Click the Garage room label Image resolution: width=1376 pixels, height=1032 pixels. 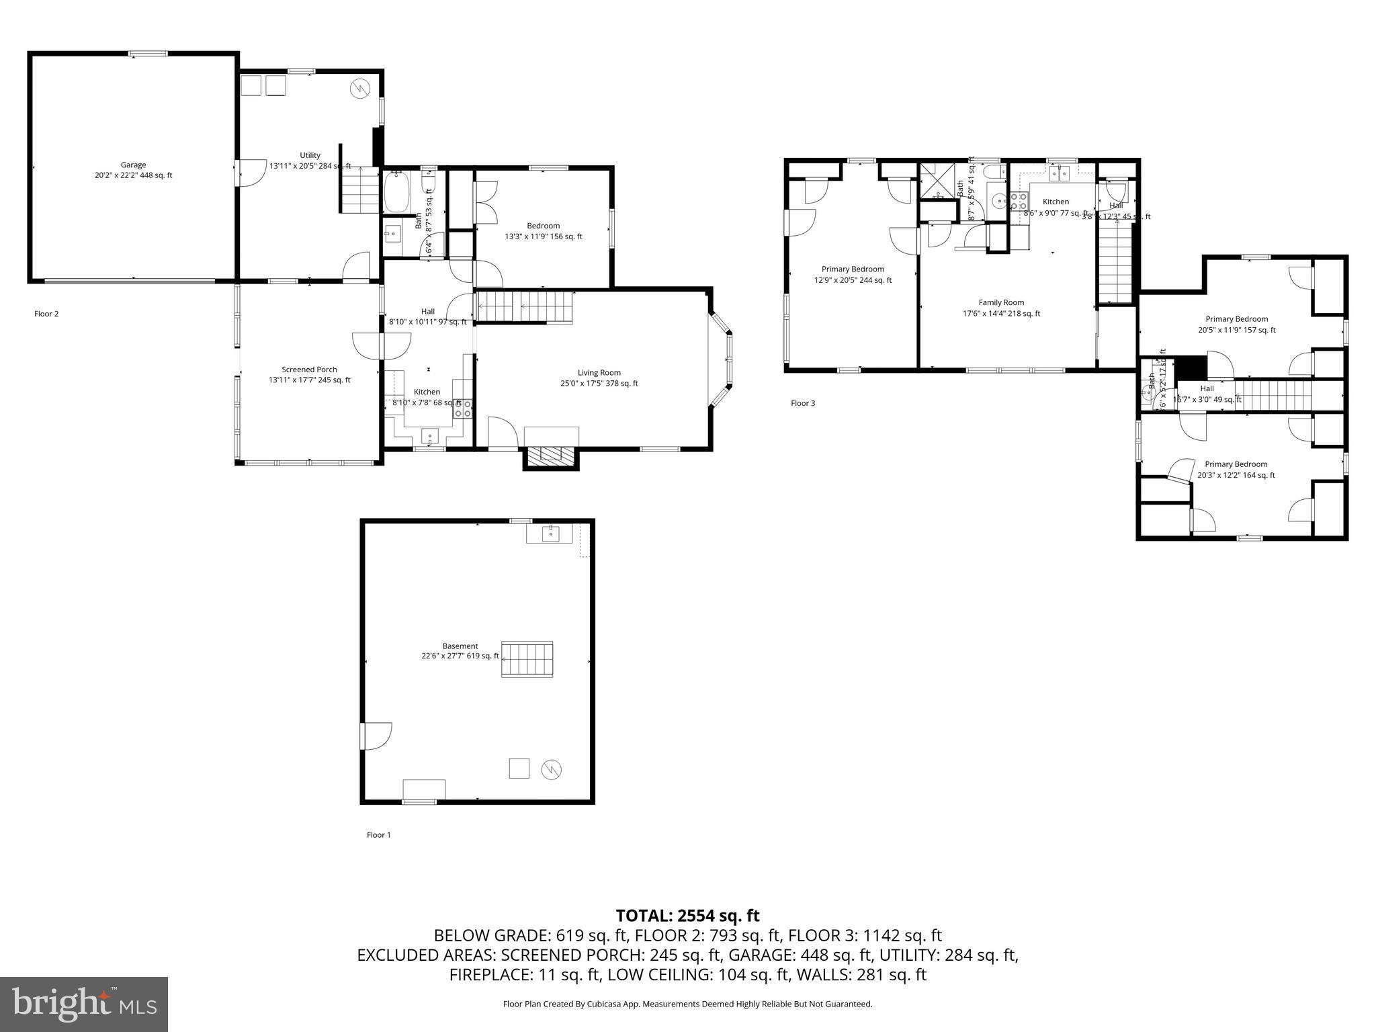[133, 170]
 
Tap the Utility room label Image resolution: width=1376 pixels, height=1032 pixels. [310, 161]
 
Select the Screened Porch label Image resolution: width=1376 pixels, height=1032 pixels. [309, 375]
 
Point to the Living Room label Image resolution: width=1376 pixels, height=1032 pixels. [599, 378]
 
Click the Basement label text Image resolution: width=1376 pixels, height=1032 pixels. [460, 651]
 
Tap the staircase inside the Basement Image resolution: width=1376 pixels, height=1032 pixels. [527, 659]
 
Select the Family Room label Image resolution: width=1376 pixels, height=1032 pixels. [1001, 308]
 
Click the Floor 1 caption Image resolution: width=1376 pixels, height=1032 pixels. [378, 835]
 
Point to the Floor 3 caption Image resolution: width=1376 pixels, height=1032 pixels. [803, 403]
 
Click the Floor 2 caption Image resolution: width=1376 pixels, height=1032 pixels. [46, 314]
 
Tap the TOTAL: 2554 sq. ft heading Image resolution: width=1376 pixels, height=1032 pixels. [687, 915]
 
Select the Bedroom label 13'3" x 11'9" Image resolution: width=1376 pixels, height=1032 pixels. [543, 231]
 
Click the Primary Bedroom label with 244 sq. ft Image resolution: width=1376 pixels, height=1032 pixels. [853, 275]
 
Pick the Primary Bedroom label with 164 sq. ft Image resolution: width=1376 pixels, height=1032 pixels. [1236, 470]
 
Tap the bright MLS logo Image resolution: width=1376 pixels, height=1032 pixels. [84, 1004]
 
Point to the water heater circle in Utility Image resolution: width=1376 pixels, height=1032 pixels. [361, 88]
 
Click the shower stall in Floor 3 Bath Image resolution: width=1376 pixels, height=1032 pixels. [937, 181]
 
